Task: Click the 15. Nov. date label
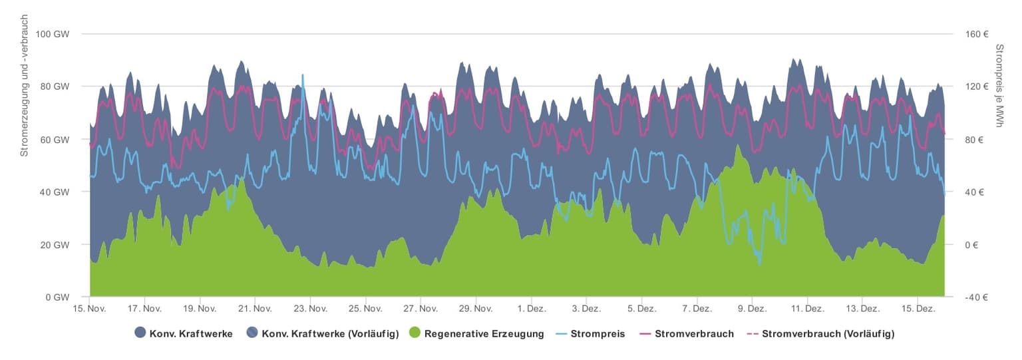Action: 89,309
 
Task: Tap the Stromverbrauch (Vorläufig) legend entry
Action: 828,333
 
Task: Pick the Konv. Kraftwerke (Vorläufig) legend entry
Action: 329,333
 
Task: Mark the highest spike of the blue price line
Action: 303,75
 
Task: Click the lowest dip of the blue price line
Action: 760,264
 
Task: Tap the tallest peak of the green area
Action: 737,145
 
